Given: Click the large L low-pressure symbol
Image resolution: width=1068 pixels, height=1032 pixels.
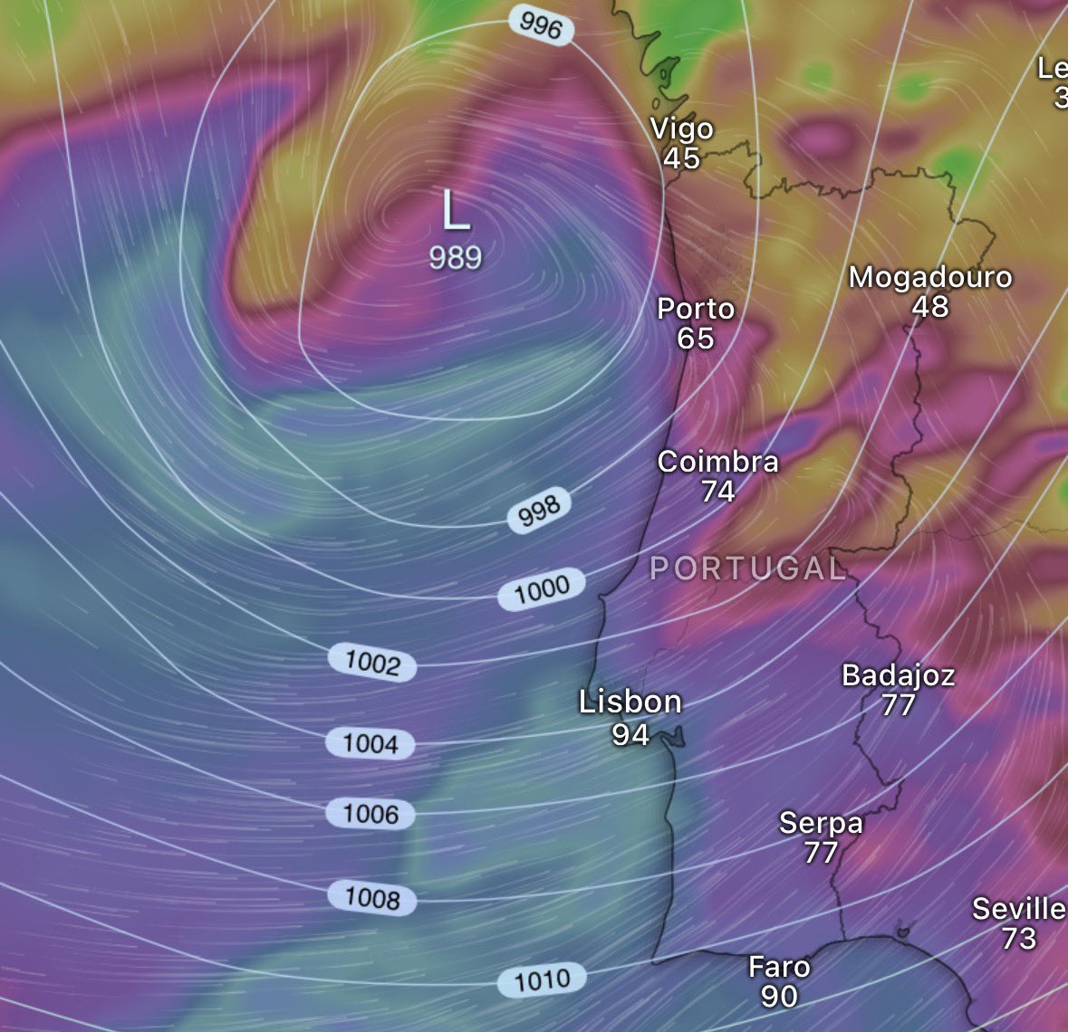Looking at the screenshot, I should pos(455,211).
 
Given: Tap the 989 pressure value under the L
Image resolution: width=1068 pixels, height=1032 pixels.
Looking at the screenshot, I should pos(455,258).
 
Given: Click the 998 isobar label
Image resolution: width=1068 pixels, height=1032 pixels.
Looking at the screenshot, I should pos(540,511).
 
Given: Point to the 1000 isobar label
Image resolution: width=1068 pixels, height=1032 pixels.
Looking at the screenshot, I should pos(542,591).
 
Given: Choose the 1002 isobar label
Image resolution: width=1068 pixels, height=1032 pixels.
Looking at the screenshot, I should pos(372,663).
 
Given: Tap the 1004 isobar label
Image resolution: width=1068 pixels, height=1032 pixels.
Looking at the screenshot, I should pos(370,744).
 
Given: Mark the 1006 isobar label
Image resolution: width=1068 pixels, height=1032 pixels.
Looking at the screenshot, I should pos(370,814).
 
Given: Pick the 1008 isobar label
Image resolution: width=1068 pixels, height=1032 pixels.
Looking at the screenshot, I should pos(371,897).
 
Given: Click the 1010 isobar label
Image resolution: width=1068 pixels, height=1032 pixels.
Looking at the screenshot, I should pos(543,980).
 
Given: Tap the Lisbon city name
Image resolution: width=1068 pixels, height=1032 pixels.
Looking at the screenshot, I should pos(630,702).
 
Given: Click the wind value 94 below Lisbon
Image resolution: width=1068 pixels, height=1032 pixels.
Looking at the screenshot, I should pos(630,733).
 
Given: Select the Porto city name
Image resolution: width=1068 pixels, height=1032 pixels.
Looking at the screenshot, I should pos(696,309).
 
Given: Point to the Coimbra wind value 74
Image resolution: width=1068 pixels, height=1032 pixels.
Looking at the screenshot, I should pos(717,492).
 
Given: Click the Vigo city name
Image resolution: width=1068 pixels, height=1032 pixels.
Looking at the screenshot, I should pos(682,129).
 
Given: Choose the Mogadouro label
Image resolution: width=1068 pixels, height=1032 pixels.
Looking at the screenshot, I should pos(930,277).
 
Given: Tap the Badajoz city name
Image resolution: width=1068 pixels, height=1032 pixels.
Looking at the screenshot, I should pos(899,674).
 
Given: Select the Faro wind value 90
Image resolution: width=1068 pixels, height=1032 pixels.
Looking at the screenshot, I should pos(779,996).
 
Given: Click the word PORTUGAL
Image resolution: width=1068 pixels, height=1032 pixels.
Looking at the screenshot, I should pos(748,569).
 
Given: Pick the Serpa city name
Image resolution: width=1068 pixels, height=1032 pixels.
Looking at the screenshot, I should pos(821,823).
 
